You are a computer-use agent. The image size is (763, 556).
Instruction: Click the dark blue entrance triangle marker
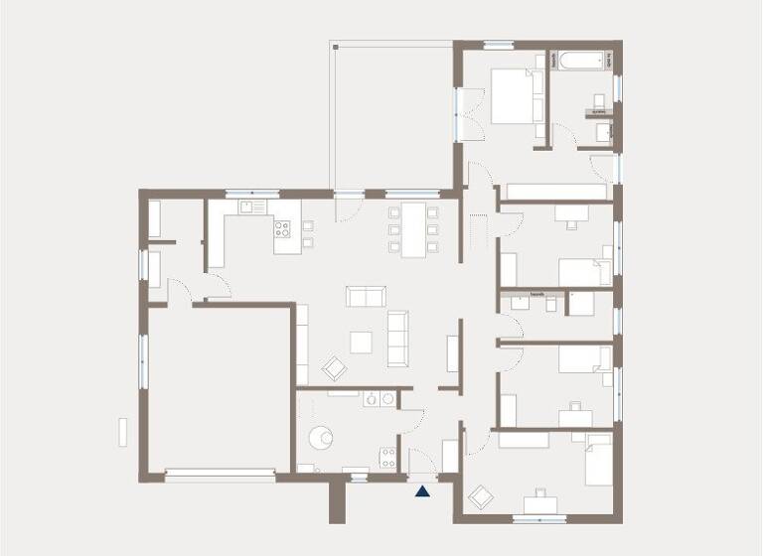tap(423, 488)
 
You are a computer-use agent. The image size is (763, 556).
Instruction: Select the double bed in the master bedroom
tap(513, 97)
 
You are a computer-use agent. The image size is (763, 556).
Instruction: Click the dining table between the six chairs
tap(412, 229)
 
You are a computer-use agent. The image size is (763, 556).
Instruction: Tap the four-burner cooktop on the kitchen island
tap(283, 229)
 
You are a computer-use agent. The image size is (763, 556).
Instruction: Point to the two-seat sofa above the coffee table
tap(364, 296)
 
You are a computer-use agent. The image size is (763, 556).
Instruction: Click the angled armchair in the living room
tap(335, 368)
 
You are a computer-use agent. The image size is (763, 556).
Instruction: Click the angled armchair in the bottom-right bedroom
tap(482, 496)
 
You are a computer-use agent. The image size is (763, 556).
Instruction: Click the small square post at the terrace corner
tap(335, 46)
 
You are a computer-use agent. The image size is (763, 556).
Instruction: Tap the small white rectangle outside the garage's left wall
tap(123, 432)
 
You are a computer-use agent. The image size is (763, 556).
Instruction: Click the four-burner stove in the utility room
tap(387, 457)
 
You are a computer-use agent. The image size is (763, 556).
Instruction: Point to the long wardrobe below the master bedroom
tap(556, 192)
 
